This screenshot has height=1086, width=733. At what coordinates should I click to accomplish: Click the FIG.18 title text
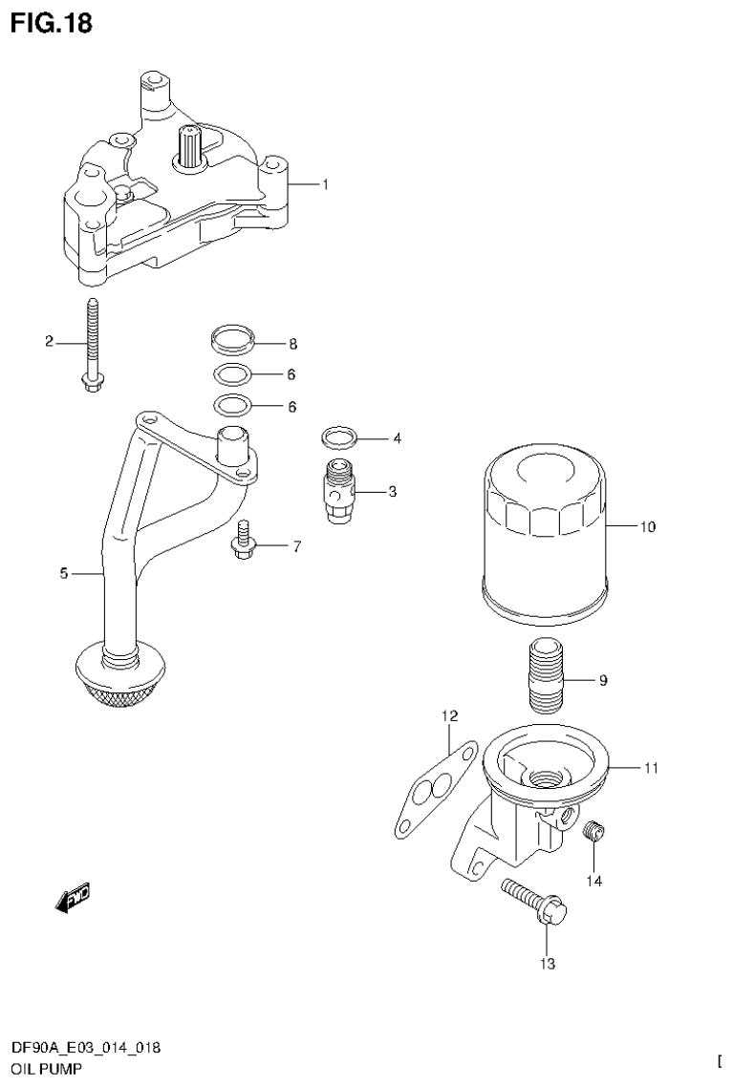coord(52,24)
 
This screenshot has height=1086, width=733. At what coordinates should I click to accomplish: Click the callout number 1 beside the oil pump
coord(324,184)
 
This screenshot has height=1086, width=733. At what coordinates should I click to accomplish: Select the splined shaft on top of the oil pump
coord(189,148)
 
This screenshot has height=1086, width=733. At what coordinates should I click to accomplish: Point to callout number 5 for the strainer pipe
coord(63,573)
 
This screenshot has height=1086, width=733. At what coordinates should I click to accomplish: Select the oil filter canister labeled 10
coord(544,535)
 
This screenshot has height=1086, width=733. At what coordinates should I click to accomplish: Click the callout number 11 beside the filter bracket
coord(650,767)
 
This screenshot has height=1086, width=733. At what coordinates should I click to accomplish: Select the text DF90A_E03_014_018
coord(85,1048)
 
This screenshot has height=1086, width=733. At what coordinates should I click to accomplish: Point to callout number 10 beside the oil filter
coord(647,525)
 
